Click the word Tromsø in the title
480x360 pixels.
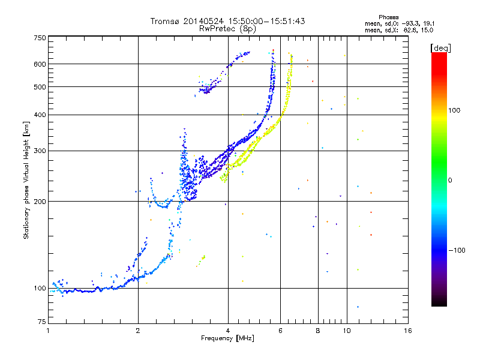164,21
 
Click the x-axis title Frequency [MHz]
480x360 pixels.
228,339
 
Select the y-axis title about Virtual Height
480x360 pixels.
26,181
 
